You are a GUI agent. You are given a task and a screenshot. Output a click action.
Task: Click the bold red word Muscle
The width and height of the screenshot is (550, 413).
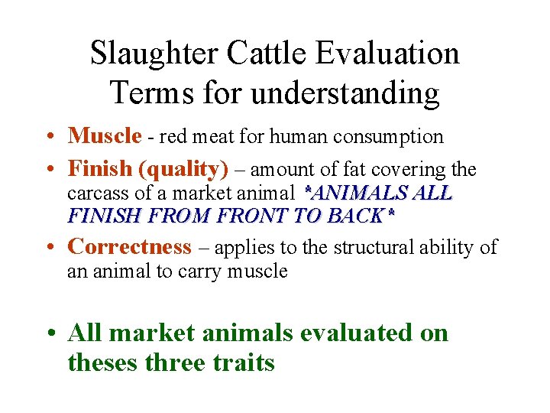[105, 136]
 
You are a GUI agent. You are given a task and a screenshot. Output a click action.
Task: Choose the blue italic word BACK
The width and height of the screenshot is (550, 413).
[359, 215]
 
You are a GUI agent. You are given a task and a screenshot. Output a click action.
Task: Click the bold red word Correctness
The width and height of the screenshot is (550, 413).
[129, 246]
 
